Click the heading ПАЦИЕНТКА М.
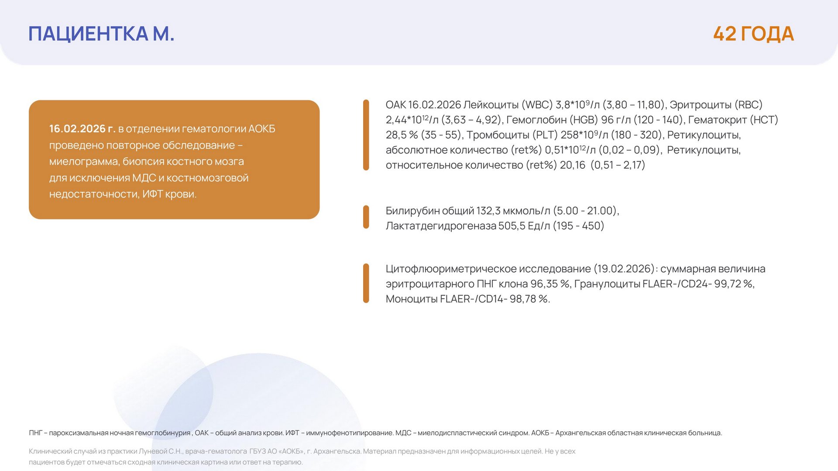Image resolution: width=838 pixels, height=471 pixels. [101, 34]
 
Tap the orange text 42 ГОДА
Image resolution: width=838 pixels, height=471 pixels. [753, 34]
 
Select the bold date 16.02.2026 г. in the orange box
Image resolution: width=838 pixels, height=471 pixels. [82, 129]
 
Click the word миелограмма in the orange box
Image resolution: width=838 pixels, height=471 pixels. [84, 162]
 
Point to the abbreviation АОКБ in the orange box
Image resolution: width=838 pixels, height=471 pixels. [261, 129]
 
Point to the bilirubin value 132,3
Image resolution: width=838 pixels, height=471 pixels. [488, 211]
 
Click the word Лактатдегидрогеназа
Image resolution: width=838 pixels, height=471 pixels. [441, 226]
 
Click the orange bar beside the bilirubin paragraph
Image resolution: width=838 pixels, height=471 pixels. [366, 217]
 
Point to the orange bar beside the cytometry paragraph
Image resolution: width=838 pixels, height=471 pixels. [366, 283]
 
